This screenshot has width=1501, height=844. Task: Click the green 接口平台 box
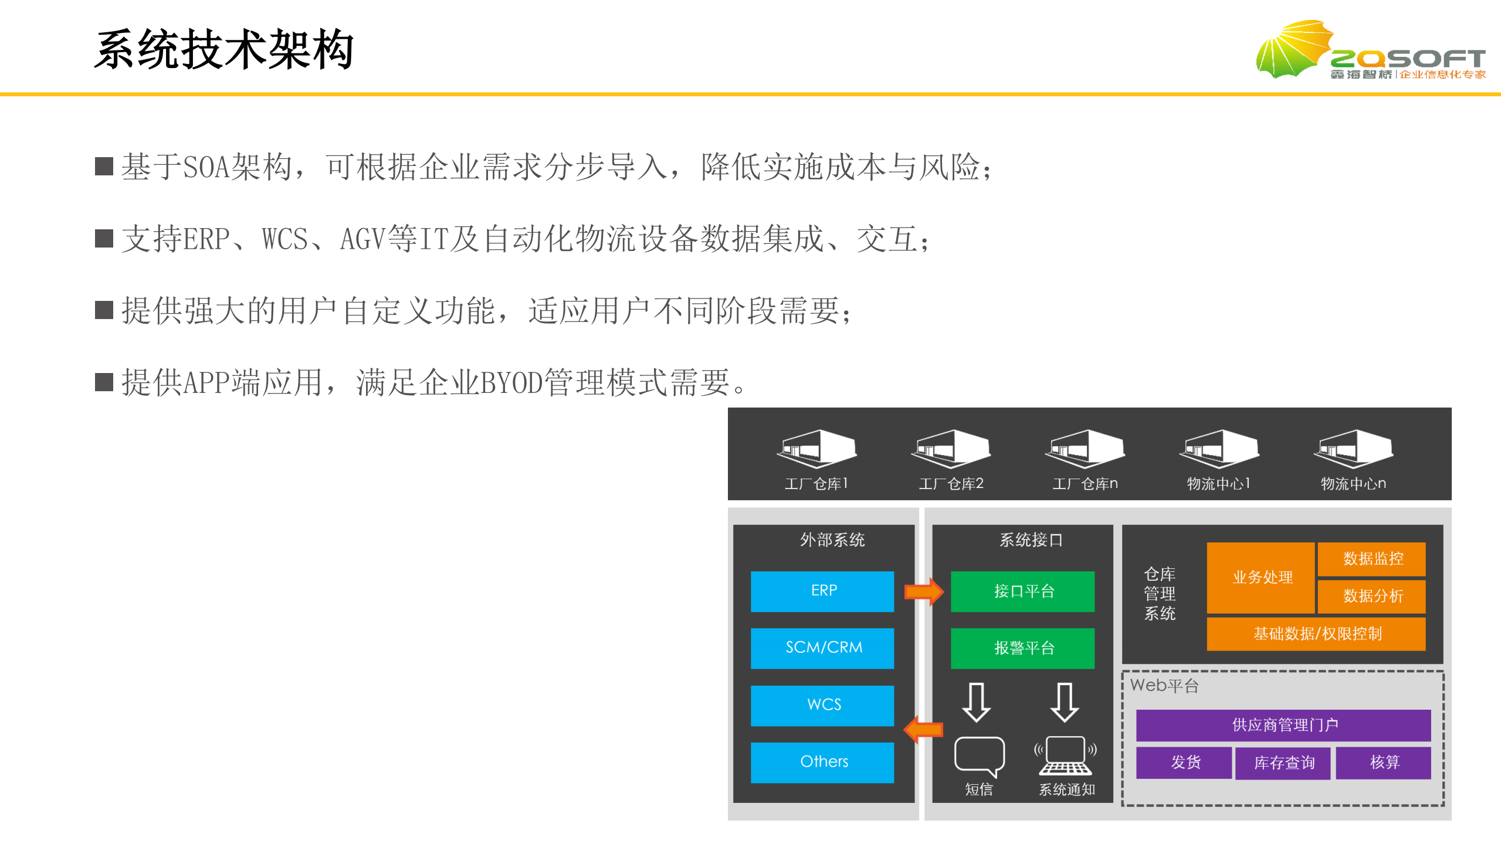[1022, 591]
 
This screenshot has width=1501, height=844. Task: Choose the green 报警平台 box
[1022, 648]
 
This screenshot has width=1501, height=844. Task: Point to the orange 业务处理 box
[1261, 577]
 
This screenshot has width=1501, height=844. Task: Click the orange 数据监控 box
[1371, 558]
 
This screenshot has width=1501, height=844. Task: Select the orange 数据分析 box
[1371, 596]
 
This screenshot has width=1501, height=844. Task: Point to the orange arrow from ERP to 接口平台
[923, 591]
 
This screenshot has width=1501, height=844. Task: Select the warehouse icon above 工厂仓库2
[950, 449]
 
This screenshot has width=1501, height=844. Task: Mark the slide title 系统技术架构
[223, 50]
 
